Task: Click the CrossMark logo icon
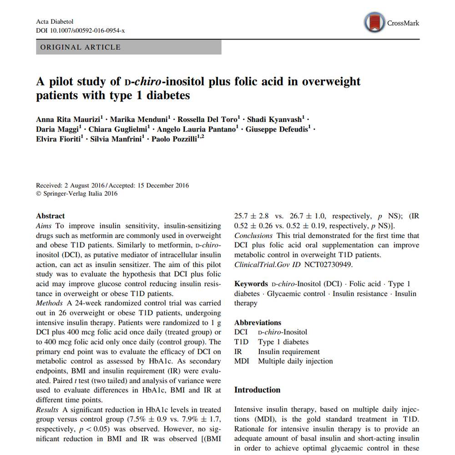[374, 22]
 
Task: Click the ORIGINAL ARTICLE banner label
[81, 47]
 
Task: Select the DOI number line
[80, 30]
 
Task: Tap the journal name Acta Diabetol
[54, 22]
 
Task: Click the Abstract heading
[51, 216]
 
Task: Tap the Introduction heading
[257, 390]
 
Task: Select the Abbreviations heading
[258, 323]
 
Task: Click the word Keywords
[251, 284]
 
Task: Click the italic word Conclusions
[253, 236]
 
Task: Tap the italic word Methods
[49, 303]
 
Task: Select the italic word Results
[47, 410]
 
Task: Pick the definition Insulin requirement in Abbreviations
[288, 352]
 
